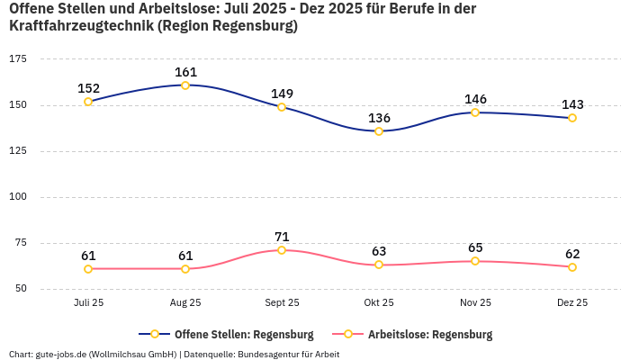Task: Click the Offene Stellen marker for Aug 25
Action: click(185, 85)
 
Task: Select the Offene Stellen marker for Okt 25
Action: click(379, 131)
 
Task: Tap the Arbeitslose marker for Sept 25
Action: click(282, 250)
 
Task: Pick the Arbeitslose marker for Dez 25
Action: click(572, 266)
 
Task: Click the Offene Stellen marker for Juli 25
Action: click(88, 102)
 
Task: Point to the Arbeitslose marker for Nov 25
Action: click(475, 261)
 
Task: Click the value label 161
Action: click(185, 72)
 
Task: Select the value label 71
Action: click(282, 237)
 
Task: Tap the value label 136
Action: click(379, 118)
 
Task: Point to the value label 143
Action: click(572, 104)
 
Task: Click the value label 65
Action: click(475, 247)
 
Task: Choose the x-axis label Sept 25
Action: click(282, 303)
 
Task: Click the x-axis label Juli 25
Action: click(88, 303)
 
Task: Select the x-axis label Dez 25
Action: click(572, 303)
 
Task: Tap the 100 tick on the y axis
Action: click(18, 196)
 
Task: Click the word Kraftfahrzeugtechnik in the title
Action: click(80, 26)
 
